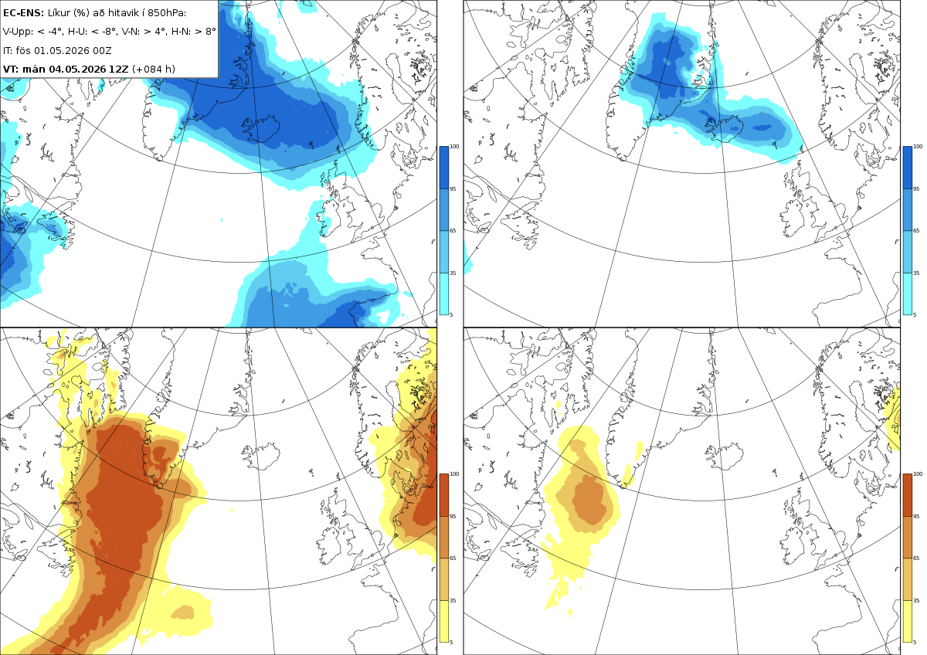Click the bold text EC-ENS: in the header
point(23,13)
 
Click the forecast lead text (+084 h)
point(154,69)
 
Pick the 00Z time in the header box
point(102,50)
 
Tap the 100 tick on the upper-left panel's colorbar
point(454,147)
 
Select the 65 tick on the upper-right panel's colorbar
point(916,230)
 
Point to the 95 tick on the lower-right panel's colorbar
point(916,517)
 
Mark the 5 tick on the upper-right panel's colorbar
point(915,314)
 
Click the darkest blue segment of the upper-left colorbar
point(443,168)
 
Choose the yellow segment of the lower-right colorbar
point(907,621)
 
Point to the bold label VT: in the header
point(11,69)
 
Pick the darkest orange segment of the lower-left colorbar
point(443,495)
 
